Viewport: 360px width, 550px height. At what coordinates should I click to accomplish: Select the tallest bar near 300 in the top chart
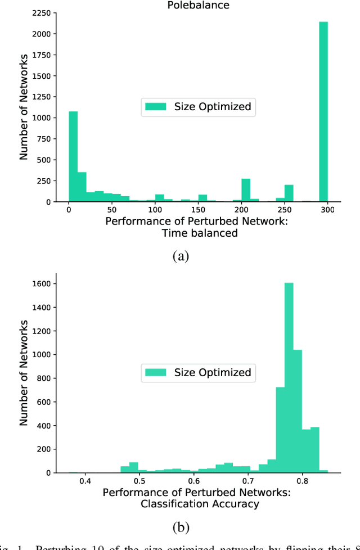[x=323, y=112]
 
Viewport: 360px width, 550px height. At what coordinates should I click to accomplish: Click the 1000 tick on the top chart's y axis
[x=46, y=118]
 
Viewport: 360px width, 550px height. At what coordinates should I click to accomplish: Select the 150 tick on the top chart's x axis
[x=198, y=210]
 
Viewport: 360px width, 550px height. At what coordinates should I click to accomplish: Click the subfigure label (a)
[x=181, y=256]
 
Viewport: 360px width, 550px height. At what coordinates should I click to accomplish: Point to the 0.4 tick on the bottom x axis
[x=85, y=481]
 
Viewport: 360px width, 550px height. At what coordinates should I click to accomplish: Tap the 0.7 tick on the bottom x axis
[x=248, y=481]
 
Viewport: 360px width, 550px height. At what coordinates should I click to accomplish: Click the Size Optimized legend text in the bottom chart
[x=212, y=373]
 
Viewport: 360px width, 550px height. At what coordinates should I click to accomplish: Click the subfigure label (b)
[x=181, y=528]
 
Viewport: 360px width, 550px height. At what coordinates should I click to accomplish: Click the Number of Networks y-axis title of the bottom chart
[x=24, y=372]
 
